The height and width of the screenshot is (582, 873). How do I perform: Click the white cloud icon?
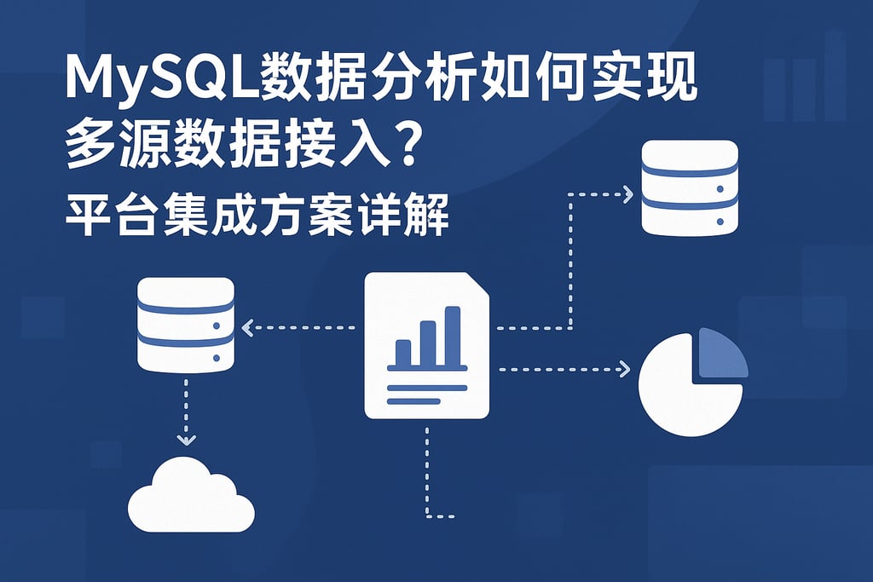pos(193,496)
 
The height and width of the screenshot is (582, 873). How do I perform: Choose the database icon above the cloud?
pos(185,325)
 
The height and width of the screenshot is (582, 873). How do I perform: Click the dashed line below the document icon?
pos(426,473)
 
